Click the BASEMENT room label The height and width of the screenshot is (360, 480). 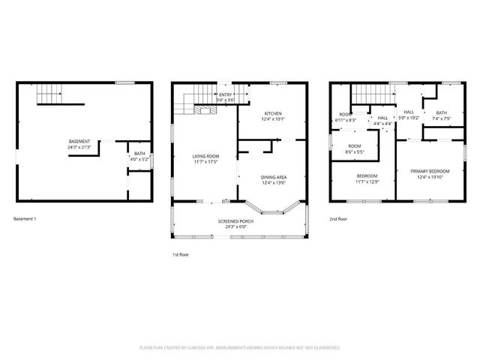point(79,142)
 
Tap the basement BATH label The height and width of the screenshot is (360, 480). point(140,153)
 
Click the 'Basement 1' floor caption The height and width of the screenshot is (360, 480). point(25,218)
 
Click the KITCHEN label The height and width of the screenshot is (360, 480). point(272,113)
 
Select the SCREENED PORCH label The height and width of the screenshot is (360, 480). point(236,221)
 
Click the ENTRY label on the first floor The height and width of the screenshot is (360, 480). point(226,94)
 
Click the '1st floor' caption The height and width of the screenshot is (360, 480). point(181,256)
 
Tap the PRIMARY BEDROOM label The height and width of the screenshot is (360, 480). point(429,171)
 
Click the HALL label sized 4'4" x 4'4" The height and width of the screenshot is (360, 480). point(382,118)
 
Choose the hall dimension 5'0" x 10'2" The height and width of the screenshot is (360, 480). point(409,118)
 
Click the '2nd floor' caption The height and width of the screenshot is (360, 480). point(338,218)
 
